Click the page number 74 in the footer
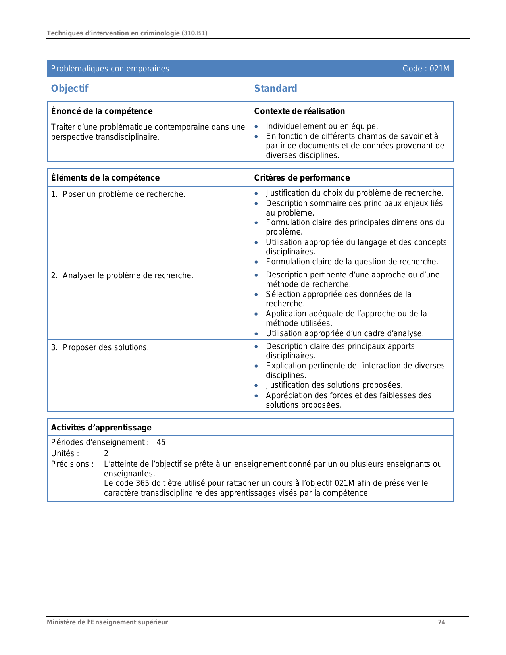[441, 622]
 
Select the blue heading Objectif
[69, 88]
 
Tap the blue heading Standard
[275, 88]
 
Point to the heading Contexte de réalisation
[299, 111]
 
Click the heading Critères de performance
[302, 178]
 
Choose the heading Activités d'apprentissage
[101, 428]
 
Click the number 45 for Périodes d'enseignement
[161, 442]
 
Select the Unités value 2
[106, 453]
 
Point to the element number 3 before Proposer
[54, 347]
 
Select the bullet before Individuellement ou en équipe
[256, 127]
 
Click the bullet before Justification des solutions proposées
[256, 385]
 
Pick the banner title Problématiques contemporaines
[110, 69]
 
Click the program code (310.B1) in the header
[194, 33]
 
